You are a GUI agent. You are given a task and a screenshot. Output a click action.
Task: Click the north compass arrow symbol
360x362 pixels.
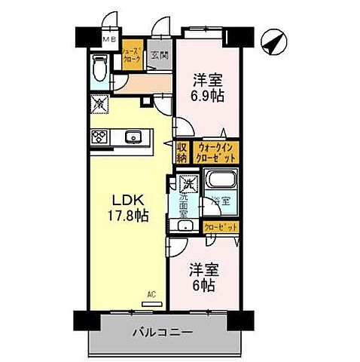pos(275,41)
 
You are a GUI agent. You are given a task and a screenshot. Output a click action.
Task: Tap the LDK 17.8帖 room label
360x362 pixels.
pos(128,207)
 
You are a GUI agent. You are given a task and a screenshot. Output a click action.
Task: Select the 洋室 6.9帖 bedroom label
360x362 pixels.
pos(209,87)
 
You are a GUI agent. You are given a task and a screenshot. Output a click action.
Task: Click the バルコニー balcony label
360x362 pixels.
pos(164,332)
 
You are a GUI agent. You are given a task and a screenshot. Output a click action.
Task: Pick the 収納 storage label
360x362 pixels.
pos(182,152)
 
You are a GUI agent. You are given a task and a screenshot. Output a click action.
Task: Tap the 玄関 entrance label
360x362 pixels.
pos(158,56)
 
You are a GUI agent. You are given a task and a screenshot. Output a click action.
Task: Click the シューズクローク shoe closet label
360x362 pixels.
pos(132,56)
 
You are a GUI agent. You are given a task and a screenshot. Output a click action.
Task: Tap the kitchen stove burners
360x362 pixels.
pos(100,137)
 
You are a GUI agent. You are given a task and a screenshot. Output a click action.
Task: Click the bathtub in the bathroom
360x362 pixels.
pos(220,181)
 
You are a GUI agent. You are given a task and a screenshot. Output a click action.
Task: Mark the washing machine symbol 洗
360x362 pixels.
pos(186,181)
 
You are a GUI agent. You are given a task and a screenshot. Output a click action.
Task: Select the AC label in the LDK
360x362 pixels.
pos(151,295)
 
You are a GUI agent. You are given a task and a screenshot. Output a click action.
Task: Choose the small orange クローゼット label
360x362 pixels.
pos(221,226)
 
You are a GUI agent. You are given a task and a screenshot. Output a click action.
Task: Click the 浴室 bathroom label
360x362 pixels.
pos(219,201)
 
